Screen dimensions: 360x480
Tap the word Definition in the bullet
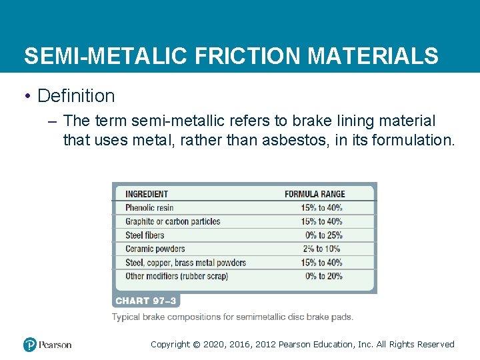click(x=76, y=96)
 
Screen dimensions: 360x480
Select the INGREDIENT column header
click(x=147, y=194)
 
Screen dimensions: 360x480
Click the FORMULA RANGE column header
click(x=315, y=194)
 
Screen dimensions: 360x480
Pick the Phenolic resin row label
click(x=149, y=207)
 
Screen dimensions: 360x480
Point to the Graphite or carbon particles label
click(x=173, y=221)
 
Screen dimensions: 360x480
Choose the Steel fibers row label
click(x=145, y=235)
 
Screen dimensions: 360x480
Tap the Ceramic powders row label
click(x=155, y=249)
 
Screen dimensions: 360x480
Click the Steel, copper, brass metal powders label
click(x=185, y=263)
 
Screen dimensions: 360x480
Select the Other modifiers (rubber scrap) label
click(x=177, y=276)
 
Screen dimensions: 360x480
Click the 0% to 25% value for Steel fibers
click(x=324, y=235)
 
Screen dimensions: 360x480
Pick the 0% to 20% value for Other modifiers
click(x=324, y=276)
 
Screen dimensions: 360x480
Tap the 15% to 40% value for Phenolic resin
click(x=321, y=207)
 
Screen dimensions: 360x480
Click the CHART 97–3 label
click(x=146, y=301)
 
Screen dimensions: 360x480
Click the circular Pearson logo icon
click(x=30, y=345)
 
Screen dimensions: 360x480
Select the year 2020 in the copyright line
click(x=213, y=345)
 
